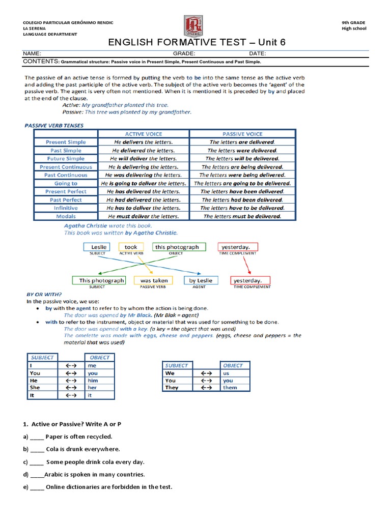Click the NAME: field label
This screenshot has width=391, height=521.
[32, 53]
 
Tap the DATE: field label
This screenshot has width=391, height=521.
[258, 53]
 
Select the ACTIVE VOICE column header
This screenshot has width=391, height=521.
[144, 134]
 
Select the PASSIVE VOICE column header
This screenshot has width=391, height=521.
[242, 134]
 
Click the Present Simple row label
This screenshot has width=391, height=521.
[66, 142]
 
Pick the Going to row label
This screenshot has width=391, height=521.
[66, 183]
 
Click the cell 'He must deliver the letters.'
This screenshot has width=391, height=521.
[144, 216]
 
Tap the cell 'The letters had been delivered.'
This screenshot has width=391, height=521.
[242, 200]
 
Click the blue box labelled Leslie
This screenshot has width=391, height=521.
[99, 247]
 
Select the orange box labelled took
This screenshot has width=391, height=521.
[131, 247]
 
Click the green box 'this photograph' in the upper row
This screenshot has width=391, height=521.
[177, 247]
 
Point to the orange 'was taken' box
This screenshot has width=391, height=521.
[154, 280]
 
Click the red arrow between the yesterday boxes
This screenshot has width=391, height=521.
[246, 265]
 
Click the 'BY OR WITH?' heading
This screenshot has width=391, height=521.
[44, 294]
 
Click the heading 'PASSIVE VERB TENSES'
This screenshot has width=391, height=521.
[54, 125]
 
